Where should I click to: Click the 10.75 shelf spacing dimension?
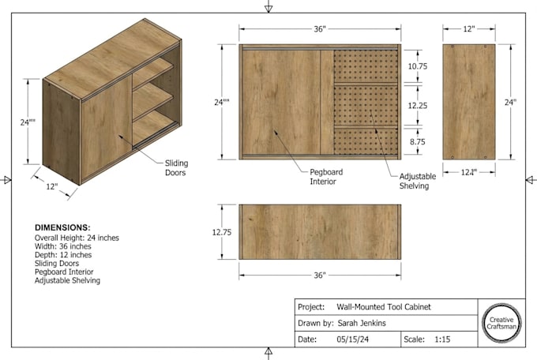[x=418, y=66]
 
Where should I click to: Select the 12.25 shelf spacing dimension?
[x=418, y=106]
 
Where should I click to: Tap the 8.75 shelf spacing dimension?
[x=418, y=141]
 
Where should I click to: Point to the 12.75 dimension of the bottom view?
[x=222, y=232]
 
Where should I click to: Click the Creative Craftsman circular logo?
[x=501, y=323]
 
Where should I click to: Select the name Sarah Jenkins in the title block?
[x=362, y=323]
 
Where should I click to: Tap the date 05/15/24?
[x=353, y=339]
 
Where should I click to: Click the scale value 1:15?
[x=442, y=339]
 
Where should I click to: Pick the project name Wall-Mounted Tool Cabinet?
[x=384, y=307]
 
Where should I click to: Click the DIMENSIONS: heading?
[x=62, y=227]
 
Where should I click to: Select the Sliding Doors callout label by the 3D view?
[x=176, y=168]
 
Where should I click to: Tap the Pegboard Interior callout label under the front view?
[x=326, y=177]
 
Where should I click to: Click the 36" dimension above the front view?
[x=320, y=29]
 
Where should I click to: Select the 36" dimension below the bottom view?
[x=320, y=275]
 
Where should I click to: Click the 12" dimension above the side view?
[x=469, y=29]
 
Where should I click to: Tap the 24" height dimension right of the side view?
[x=510, y=102]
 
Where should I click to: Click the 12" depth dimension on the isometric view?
[x=52, y=186]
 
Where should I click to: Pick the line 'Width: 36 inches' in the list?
[x=63, y=246]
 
